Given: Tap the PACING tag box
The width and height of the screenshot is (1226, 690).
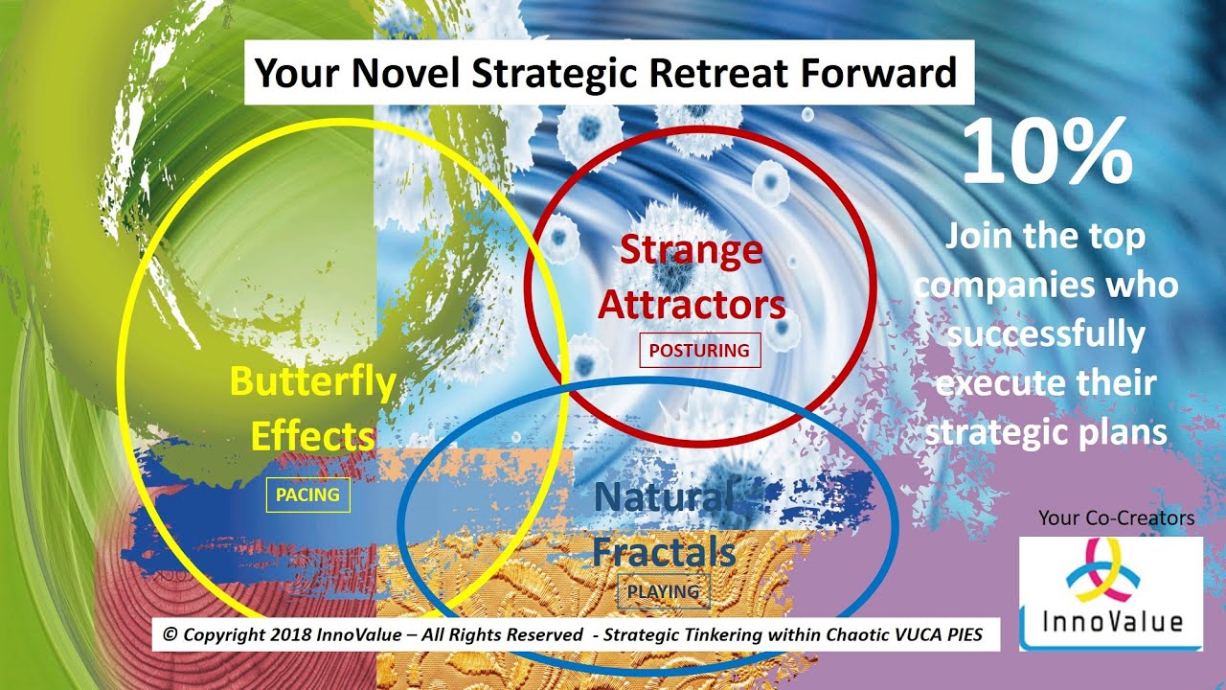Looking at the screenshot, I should [x=307, y=495].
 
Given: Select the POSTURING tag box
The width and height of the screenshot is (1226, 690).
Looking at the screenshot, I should [x=699, y=351].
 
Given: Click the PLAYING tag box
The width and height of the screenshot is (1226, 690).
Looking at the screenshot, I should [x=663, y=591].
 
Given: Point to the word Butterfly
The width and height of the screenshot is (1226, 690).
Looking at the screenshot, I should [x=312, y=382].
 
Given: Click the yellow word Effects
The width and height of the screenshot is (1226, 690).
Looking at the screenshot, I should [x=312, y=436].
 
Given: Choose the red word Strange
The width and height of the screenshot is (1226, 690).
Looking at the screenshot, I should [x=692, y=250].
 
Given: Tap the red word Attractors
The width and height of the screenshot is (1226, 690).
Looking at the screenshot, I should [x=692, y=305].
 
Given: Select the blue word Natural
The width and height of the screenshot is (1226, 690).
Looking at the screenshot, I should [x=663, y=496].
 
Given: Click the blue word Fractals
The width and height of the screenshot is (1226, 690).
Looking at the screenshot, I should [x=663, y=552].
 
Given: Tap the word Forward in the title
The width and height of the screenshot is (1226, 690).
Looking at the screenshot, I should [x=874, y=73].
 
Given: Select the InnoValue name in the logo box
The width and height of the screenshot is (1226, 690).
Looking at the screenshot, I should [x=1112, y=621].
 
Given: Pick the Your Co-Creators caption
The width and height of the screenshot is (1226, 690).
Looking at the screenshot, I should [x=1116, y=518].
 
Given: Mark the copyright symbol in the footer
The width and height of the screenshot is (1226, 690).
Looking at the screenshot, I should [x=170, y=635].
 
